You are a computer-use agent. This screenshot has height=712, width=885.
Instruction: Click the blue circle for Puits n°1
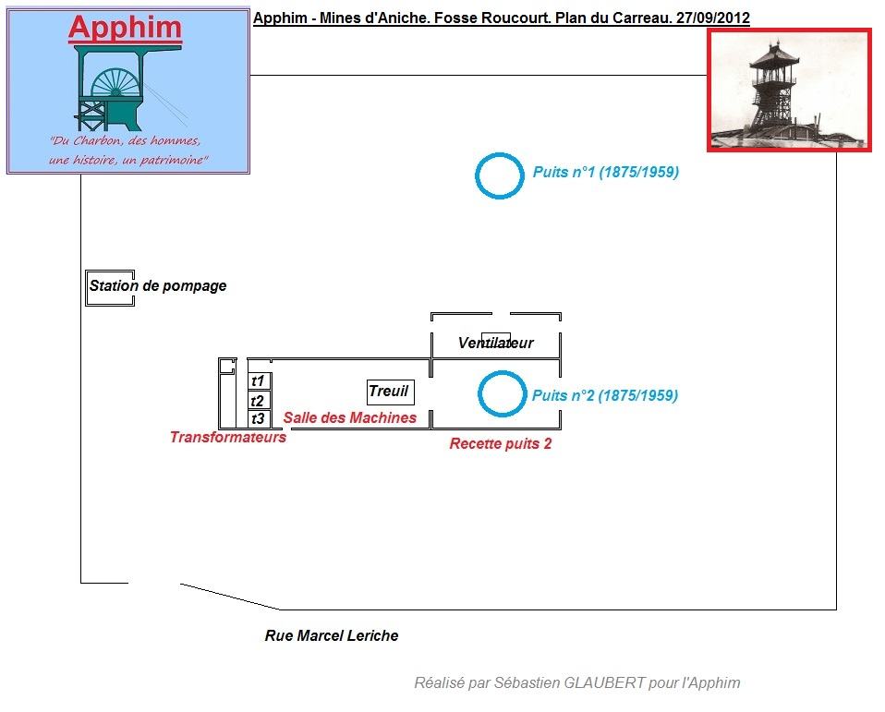pyautogui.click(x=499, y=175)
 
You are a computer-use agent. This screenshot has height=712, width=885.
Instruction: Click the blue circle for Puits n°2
pyautogui.click(x=502, y=394)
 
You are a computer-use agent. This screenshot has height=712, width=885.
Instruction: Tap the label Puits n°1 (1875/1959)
pyautogui.click(x=606, y=173)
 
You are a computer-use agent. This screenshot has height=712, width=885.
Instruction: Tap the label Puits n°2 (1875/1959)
pyautogui.click(x=605, y=395)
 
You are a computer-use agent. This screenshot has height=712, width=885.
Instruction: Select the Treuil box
pyautogui.click(x=389, y=392)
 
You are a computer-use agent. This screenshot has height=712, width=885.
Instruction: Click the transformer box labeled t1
pyautogui.click(x=259, y=380)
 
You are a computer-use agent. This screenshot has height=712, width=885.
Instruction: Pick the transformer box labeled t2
pyautogui.click(x=259, y=400)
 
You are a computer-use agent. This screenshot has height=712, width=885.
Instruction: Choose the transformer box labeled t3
pyautogui.click(x=259, y=418)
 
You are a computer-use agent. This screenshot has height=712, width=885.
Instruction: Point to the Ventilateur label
pyautogui.click(x=496, y=343)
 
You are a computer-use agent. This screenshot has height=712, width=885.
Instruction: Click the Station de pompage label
pyautogui.click(x=158, y=286)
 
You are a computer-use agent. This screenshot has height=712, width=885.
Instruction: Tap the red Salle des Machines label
pyautogui.click(x=350, y=417)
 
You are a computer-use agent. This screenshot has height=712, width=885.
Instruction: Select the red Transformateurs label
pyautogui.click(x=228, y=437)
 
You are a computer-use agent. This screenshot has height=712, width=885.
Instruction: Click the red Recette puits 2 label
pyautogui.click(x=501, y=443)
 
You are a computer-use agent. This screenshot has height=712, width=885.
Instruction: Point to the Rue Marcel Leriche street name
pyautogui.click(x=332, y=635)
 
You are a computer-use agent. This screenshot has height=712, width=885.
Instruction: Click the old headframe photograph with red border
pyautogui.click(x=790, y=90)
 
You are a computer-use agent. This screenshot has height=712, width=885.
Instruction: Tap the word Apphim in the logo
pyautogui.click(x=125, y=28)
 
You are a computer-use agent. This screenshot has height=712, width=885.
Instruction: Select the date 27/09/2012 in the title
pyautogui.click(x=712, y=18)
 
